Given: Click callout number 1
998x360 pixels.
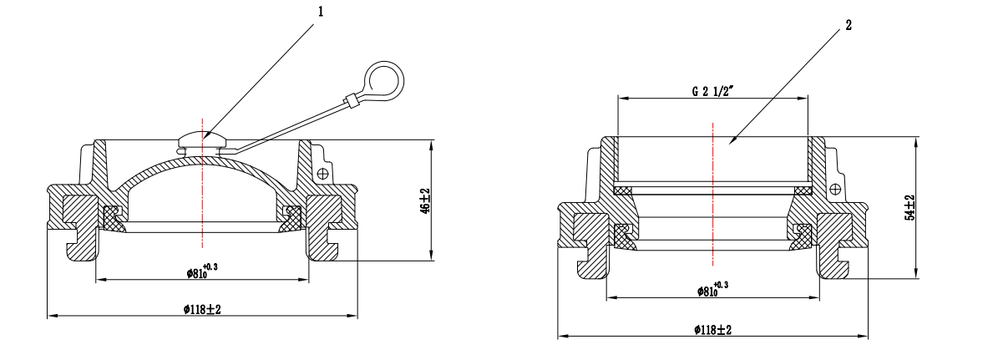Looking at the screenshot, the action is [320, 12].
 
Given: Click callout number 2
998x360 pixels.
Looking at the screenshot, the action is [849, 25].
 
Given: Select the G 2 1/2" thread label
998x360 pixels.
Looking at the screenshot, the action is [713, 90].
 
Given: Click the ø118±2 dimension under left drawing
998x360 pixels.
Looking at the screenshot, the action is [202, 309].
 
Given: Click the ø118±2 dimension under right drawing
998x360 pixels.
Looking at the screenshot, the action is [713, 330].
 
